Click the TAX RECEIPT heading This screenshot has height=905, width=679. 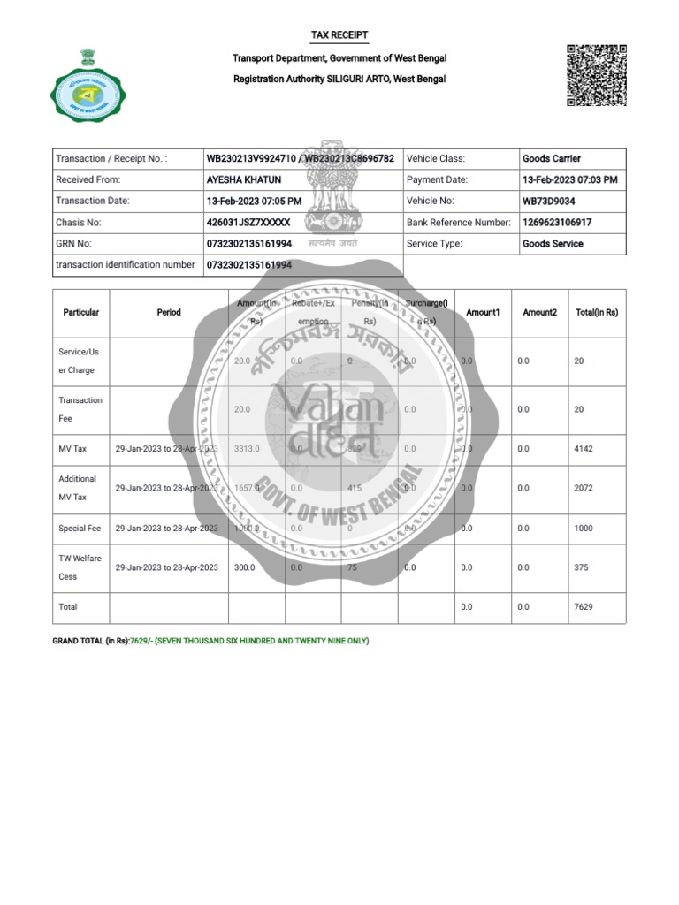coord(339,35)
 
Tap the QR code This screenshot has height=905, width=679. coord(597,75)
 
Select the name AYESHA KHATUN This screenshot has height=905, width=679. coord(243,179)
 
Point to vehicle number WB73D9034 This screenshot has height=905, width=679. coord(548,201)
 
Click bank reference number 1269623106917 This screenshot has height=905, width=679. coord(557,223)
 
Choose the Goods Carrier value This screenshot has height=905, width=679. coord(552,159)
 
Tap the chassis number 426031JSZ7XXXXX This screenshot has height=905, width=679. coord(248,223)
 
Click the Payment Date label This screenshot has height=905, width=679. coord(437,179)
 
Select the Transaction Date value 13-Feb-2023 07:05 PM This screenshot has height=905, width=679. coord(254,201)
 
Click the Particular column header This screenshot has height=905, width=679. coord(81,312)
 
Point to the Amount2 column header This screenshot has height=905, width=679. coord(539,312)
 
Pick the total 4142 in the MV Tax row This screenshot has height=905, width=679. coord(584,449)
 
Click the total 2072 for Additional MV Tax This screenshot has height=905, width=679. coord(584,488)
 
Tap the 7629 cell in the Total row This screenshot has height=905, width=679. coord(584,607)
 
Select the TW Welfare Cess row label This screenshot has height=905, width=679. coord(80,567)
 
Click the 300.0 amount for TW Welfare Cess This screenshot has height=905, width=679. coord(244,567)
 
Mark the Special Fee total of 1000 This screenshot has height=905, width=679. coord(584,529)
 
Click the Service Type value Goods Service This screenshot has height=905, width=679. coord(553,244)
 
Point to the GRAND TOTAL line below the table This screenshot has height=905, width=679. coord(211,641)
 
